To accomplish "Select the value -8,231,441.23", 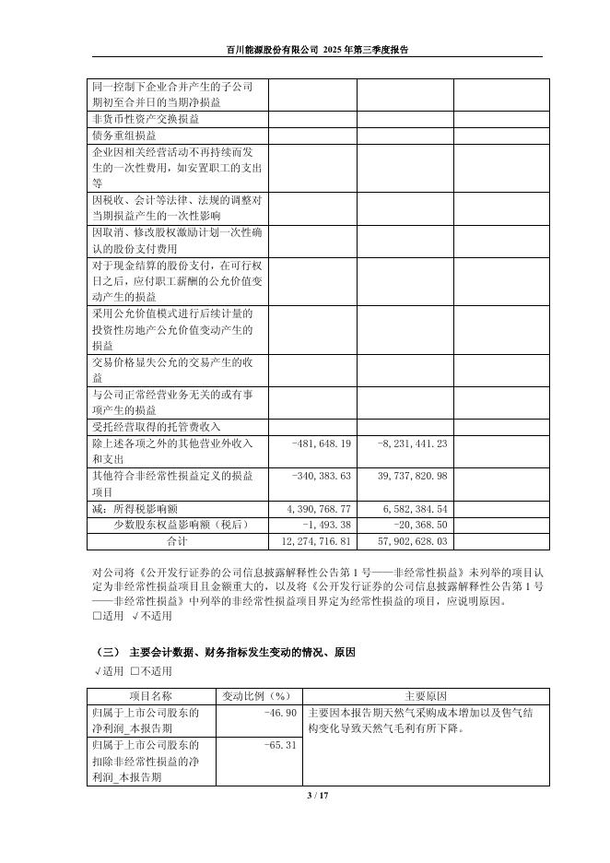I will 412,443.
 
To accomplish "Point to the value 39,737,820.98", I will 412,476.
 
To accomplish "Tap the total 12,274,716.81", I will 316,540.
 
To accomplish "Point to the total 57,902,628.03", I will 410,540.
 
